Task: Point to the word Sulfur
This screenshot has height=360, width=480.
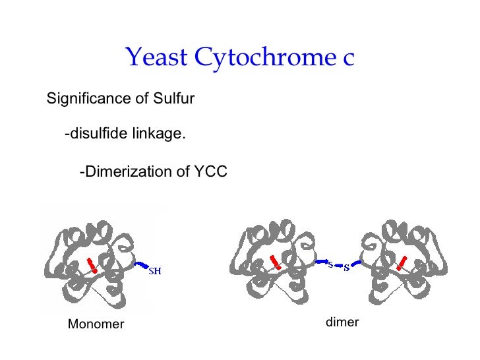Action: click(x=173, y=100)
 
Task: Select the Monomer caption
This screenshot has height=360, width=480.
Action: click(x=96, y=324)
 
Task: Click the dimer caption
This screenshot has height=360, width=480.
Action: click(x=342, y=322)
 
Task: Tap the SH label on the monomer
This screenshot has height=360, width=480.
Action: click(x=154, y=270)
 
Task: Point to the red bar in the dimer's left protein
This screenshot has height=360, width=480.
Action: click(x=276, y=261)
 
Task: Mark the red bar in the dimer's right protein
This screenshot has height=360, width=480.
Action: click(x=401, y=261)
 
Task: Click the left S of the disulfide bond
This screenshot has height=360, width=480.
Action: click(x=330, y=264)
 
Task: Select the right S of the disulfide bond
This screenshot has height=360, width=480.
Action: click(x=346, y=268)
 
